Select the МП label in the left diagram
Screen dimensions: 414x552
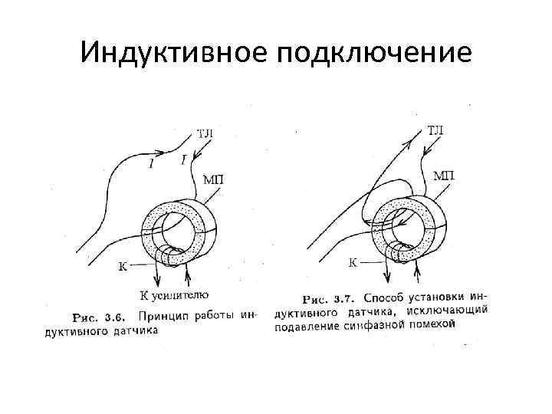point(213,180)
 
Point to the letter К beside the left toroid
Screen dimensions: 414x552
point(123,266)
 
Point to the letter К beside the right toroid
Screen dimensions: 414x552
point(353,263)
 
